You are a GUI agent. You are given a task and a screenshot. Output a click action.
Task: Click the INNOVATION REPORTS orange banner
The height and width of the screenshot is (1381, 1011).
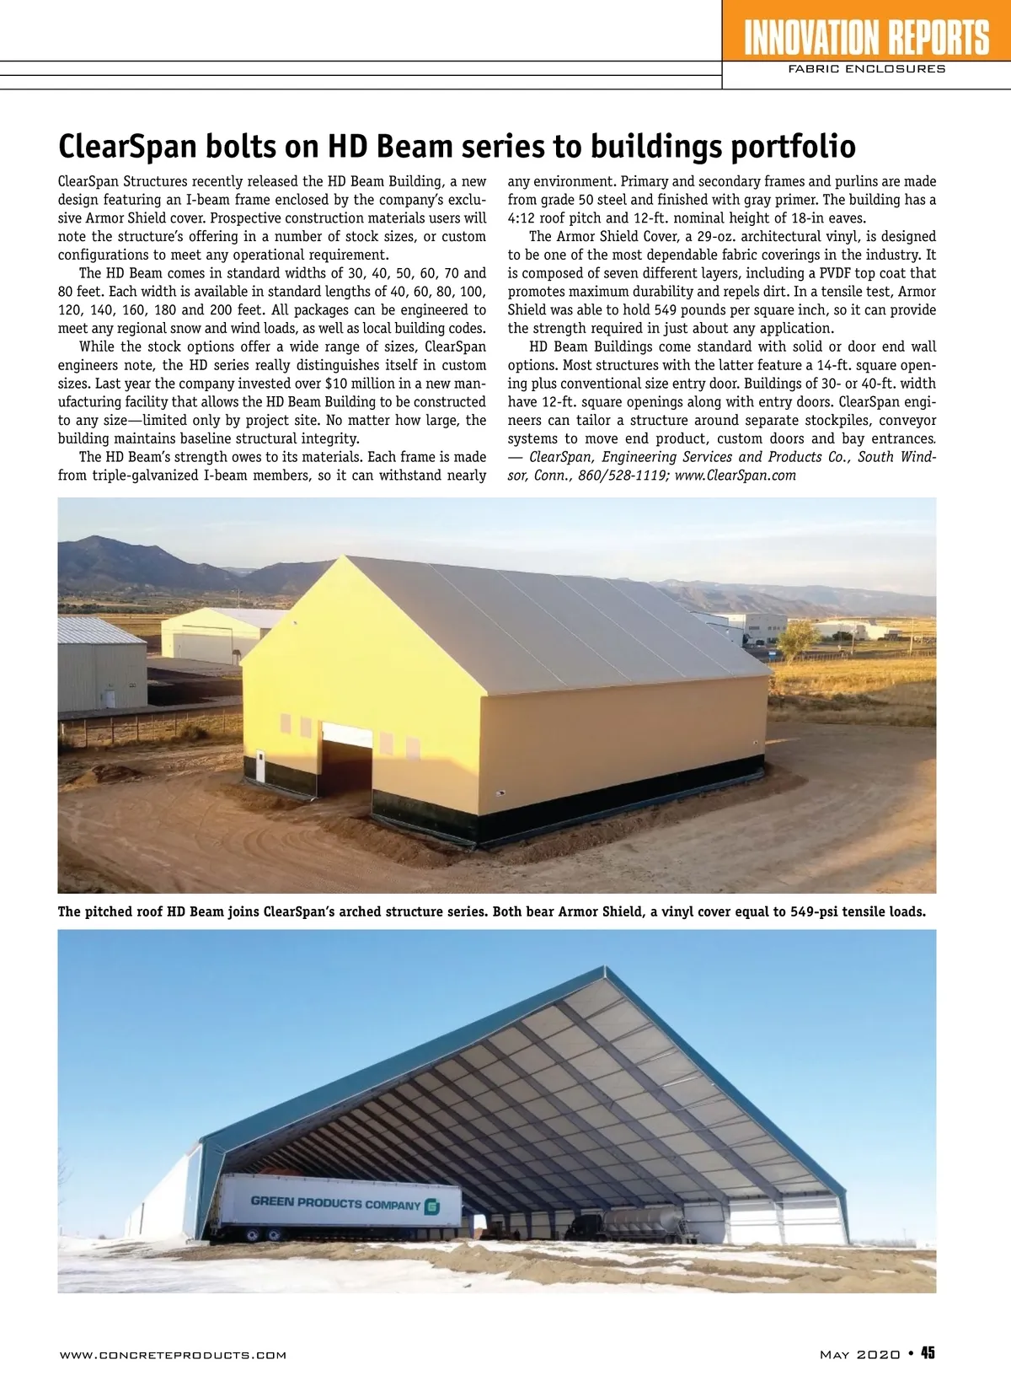tap(866, 38)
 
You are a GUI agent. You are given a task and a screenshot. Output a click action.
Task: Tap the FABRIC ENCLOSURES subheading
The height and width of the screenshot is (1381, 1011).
tap(866, 69)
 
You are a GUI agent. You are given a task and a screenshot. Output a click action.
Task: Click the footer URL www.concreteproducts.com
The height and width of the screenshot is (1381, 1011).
tap(173, 1355)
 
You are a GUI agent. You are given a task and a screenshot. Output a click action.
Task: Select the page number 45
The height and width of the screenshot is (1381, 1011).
tap(927, 1353)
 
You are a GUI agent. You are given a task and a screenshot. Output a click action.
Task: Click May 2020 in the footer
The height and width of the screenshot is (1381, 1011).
tap(859, 1355)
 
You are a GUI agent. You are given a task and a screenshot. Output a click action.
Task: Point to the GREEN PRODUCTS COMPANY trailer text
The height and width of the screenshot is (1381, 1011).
tap(334, 1203)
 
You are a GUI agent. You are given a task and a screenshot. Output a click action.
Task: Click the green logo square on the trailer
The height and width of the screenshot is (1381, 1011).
tap(432, 1206)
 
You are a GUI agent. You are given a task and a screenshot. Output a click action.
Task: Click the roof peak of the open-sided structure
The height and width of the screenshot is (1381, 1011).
tap(603, 969)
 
